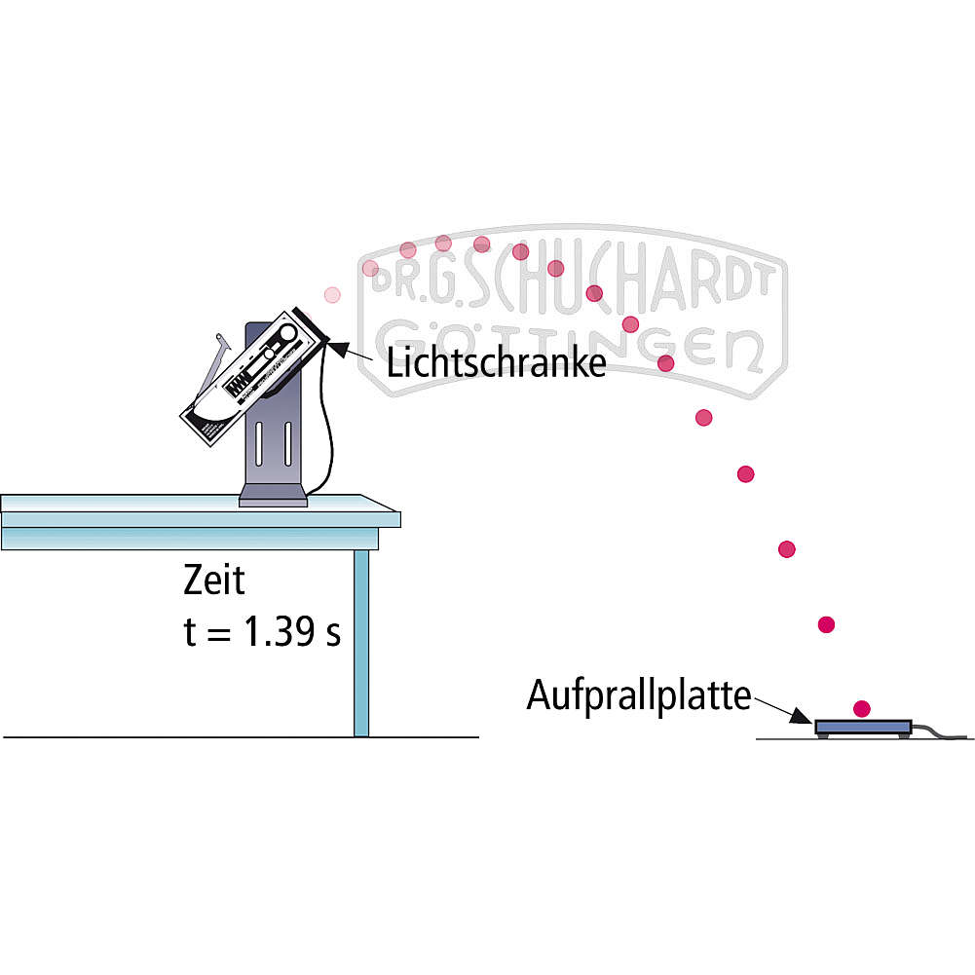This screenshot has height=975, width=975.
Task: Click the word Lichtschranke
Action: coord(496,362)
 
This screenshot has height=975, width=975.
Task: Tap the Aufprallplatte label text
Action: coord(639,695)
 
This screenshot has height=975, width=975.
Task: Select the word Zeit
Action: coord(214,580)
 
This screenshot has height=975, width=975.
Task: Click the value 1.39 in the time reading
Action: coord(280,631)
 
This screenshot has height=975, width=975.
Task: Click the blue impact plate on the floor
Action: coord(862,727)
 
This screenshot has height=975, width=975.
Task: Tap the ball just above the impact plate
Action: coord(861,708)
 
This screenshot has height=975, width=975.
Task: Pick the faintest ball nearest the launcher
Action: coord(333,295)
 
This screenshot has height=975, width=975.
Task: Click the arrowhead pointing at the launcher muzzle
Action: coord(336,347)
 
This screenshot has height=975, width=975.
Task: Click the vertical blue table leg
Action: coord(361,643)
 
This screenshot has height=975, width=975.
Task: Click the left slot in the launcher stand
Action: coord(259,443)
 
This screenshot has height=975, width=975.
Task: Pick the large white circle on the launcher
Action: coord(287,333)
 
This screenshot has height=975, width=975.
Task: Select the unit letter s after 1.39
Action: coord(333,635)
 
